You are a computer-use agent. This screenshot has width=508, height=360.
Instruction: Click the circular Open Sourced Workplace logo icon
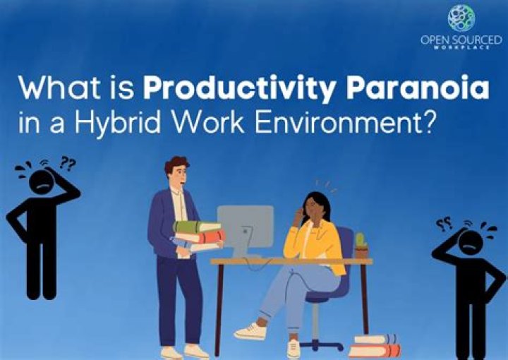(x=461, y=18)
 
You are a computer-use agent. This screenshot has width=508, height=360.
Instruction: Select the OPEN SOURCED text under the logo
(x=460, y=40)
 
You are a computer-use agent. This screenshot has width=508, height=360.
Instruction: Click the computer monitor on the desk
(x=245, y=225)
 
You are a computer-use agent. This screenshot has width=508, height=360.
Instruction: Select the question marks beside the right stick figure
(x=444, y=225)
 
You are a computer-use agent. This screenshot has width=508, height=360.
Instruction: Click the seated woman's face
(x=314, y=208)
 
